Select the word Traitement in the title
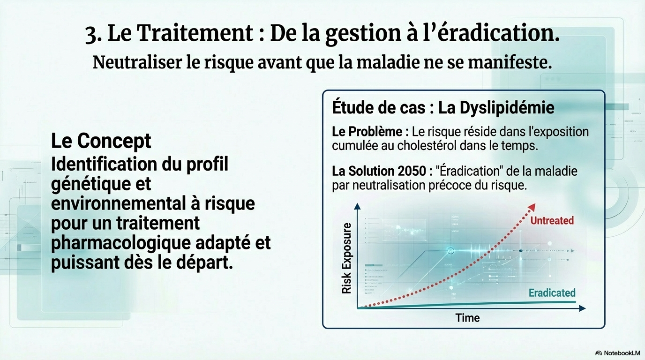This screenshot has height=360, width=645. (x=195, y=33)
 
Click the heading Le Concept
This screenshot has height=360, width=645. (x=101, y=141)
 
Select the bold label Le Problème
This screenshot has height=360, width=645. (x=367, y=132)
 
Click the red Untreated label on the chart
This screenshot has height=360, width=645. (x=552, y=221)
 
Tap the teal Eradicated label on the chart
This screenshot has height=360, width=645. (x=552, y=293)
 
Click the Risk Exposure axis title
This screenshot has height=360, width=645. (x=346, y=258)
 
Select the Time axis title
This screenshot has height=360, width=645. (x=467, y=318)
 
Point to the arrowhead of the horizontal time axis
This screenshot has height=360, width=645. (x=582, y=308)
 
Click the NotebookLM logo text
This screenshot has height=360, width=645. (x=622, y=353)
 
